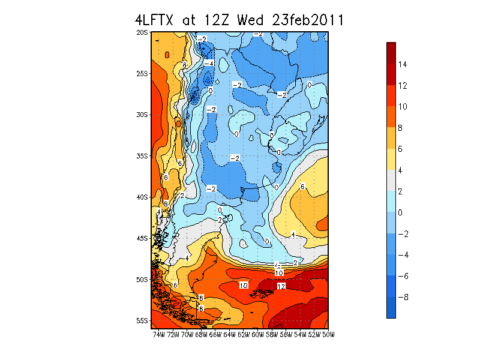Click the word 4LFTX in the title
tap(154, 20)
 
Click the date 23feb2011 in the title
tap(308, 20)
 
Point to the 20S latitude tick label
tap(142, 32)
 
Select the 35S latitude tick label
tap(142, 156)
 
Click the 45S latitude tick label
tap(142, 238)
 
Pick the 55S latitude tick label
tap(142, 321)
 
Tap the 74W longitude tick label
tap(158, 335)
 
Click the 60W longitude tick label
tap(257, 335)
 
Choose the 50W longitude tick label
tap(328, 335)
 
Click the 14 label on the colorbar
tap(403, 64)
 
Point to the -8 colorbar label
tap(403, 297)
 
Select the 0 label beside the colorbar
tap(400, 212)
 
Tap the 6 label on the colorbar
tap(400, 149)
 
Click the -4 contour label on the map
tap(209, 64)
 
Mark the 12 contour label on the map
tap(281, 286)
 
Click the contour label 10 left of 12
tap(244, 286)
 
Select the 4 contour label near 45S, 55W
tap(293, 235)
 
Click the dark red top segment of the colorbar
tap(391, 53)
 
